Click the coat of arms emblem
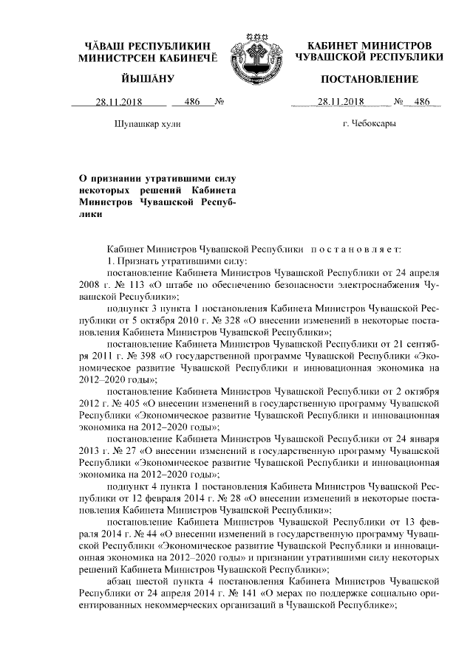tap(251, 56)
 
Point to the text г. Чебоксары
tap(369, 123)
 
